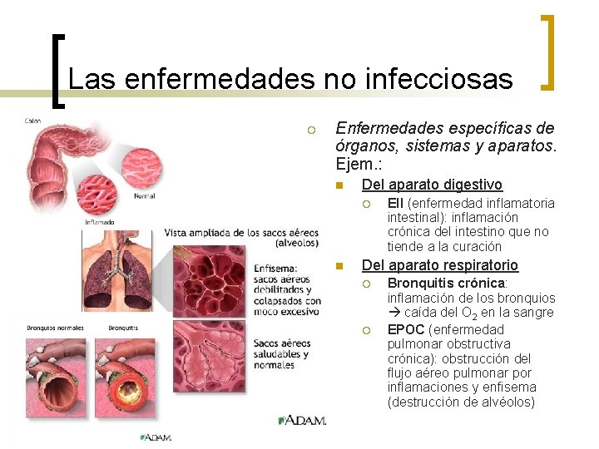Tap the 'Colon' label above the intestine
pyautogui.click(x=32, y=121)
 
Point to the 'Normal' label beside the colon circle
pyautogui.click(x=143, y=197)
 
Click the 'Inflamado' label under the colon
pyautogui.click(x=100, y=222)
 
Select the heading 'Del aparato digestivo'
pyautogui.click(x=432, y=185)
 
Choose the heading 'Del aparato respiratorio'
pyautogui.click(x=439, y=265)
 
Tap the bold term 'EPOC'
pyautogui.click(x=406, y=329)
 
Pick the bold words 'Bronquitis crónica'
pyautogui.click(x=446, y=284)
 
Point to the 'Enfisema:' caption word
pyautogui.click(x=275, y=269)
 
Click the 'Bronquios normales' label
pyautogui.click(x=55, y=327)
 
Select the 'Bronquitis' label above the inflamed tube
pyautogui.click(x=122, y=327)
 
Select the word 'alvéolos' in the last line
pyautogui.click(x=508, y=402)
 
